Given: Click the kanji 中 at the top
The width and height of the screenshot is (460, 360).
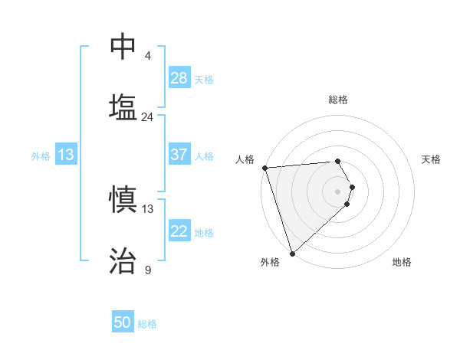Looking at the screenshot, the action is [x=123, y=47].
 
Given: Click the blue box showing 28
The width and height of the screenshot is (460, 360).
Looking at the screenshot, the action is [x=179, y=78].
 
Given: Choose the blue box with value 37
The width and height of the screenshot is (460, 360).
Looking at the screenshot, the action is [x=179, y=155].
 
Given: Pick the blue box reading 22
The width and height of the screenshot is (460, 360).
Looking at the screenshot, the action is [x=179, y=231].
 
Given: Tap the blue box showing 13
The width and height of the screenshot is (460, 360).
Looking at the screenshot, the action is [x=66, y=155].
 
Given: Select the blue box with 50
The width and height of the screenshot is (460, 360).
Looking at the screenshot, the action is [x=123, y=322].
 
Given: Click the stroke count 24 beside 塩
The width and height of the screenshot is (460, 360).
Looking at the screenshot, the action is [x=147, y=117].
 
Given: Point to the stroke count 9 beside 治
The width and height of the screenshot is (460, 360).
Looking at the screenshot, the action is [x=147, y=270].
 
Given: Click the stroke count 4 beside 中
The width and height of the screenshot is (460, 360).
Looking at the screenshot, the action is [x=147, y=57].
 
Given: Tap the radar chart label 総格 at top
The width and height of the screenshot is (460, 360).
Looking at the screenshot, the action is [x=338, y=100].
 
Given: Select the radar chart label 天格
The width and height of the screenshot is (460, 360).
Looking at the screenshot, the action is [x=431, y=159].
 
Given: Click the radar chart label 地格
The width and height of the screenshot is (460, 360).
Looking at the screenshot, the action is [x=402, y=262].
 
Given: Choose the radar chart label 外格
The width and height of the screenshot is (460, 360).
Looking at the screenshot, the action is [x=270, y=262].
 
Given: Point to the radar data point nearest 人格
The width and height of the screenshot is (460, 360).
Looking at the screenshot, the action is [x=264, y=168].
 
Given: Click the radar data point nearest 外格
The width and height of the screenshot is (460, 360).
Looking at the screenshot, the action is [x=292, y=253].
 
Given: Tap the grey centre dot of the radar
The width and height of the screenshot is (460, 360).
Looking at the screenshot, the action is [x=338, y=191].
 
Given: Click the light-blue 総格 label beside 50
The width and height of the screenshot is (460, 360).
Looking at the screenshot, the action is [x=147, y=324].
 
